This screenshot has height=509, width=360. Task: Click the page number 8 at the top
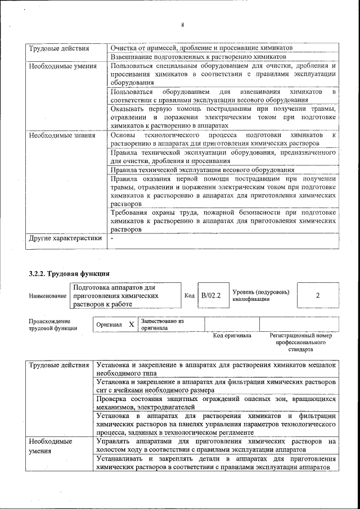point(183,25)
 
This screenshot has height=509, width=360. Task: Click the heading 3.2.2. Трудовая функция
point(69,274)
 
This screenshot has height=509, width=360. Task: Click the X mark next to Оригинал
point(131,325)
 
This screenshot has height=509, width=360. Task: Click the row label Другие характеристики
point(65,238)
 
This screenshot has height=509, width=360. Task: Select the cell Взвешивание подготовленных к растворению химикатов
point(199,57)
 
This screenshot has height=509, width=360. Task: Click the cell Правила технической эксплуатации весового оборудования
point(202,169)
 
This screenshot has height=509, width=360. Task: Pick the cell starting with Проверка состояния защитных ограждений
point(216,402)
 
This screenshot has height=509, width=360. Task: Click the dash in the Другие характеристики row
point(112,238)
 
